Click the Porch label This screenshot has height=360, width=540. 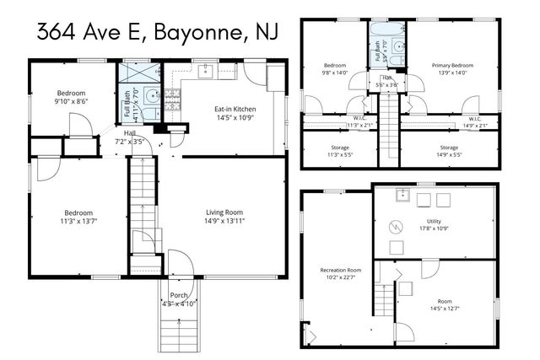click(179, 294)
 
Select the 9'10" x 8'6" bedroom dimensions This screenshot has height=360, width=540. click(71, 102)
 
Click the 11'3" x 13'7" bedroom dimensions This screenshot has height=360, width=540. click(78, 221)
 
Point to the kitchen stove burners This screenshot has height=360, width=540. click(172, 98)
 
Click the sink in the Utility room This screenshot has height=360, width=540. click(404, 198)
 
